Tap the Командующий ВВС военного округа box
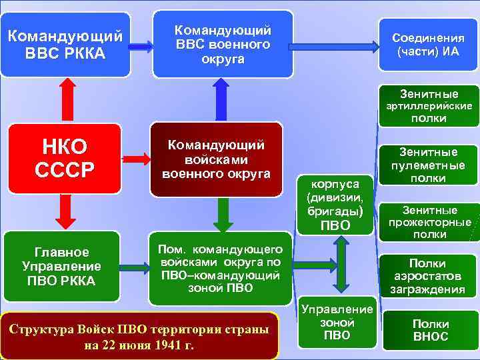pyautogui.click(x=223, y=44)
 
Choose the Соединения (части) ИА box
pyautogui.click(x=425, y=44)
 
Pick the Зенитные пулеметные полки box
pyautogui.click(x=429, y=165)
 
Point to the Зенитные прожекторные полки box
pyautogui.click(x=429, y=222)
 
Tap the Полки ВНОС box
pyautogui.click(x=431, y=330)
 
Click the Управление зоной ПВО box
pyautogui.click(x=337, y=322)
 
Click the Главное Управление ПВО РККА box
pyautogui.click(x=62, y=266)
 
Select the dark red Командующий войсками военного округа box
pyautogui.click(x=216, y=159)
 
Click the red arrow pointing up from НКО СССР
pyautogui.click(x=66, y=99)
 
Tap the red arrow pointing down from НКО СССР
pyautogui.click(x=66, y=209)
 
